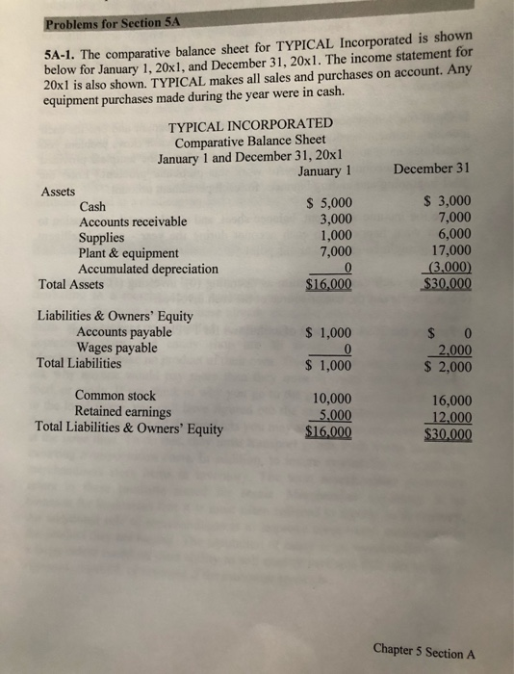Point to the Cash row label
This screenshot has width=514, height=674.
coord(93,206)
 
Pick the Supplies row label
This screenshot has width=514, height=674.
coord(101,237)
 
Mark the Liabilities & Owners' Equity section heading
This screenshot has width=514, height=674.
coord(115,316)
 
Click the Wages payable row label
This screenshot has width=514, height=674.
coord(116,348)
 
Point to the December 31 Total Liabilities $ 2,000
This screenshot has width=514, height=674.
coord(448,366)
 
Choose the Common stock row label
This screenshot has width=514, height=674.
coord(115,396)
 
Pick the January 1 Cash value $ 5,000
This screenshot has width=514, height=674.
coord(328,202)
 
